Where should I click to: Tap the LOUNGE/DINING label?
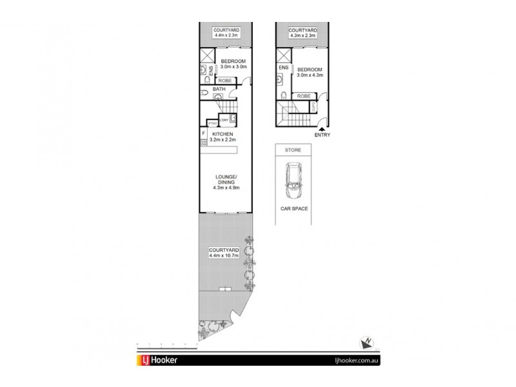[225, 179]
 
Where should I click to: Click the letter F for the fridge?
[204, 134]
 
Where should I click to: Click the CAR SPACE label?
[293, 209]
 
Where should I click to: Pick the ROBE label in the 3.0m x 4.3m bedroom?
[302, 95]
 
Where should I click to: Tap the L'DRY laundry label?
[224, 119]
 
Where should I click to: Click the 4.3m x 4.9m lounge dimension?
[225, 189]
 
